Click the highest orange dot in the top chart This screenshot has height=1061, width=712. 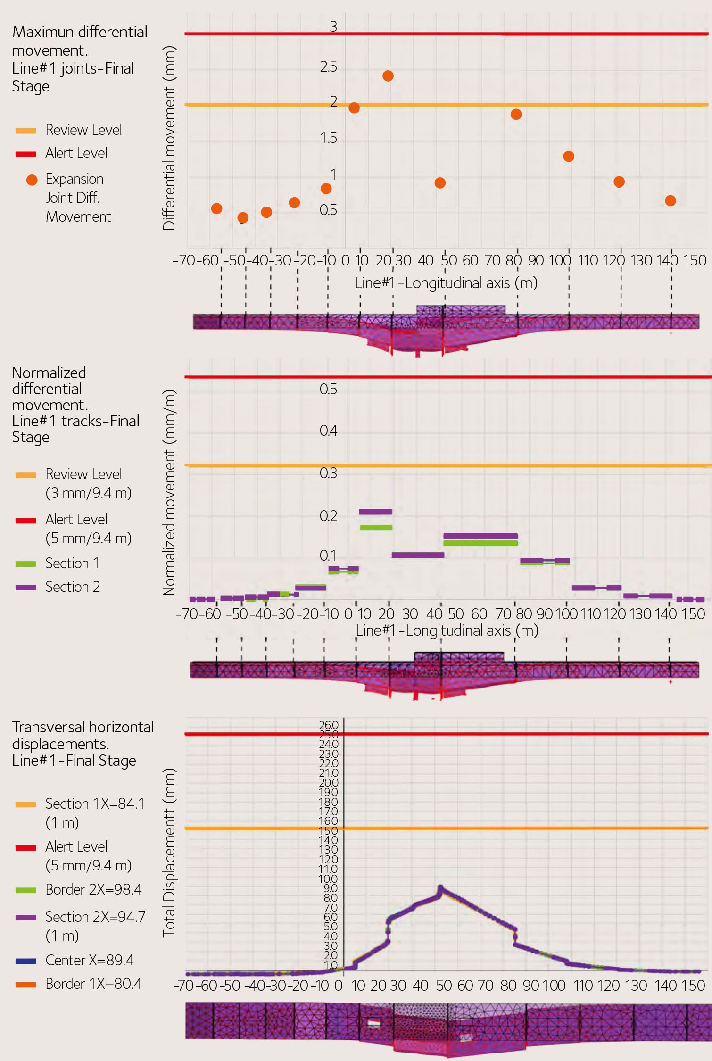[x=388, y=76]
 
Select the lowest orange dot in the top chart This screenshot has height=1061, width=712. [x=243, y=217]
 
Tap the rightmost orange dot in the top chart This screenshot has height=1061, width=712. [x=670, y=201]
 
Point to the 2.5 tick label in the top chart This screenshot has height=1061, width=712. [x=328, y=67]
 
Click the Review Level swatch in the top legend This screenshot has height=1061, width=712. [x=25, y=131]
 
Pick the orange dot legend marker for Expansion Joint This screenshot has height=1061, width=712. [x=32, y=180]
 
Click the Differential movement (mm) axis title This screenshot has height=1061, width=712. [x=169, y=138]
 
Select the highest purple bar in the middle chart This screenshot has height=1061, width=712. [x=375, y=512]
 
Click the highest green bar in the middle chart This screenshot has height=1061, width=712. [x=376, y=528]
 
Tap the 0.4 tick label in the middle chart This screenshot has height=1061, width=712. [x=328, y=431]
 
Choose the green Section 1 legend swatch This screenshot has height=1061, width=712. [x=25, y=564]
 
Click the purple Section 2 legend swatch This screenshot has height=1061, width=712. [x=25, y=588]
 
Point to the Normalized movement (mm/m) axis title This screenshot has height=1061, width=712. [x=169, y=492]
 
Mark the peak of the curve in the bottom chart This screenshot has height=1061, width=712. [x=440, y=888]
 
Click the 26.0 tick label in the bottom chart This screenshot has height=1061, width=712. [x=329, y=725]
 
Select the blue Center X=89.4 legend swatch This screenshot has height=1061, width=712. [x=25, y=961]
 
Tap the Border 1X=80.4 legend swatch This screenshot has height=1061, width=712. [x=25, y=984]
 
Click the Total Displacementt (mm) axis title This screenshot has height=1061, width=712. [x=169, y=853]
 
